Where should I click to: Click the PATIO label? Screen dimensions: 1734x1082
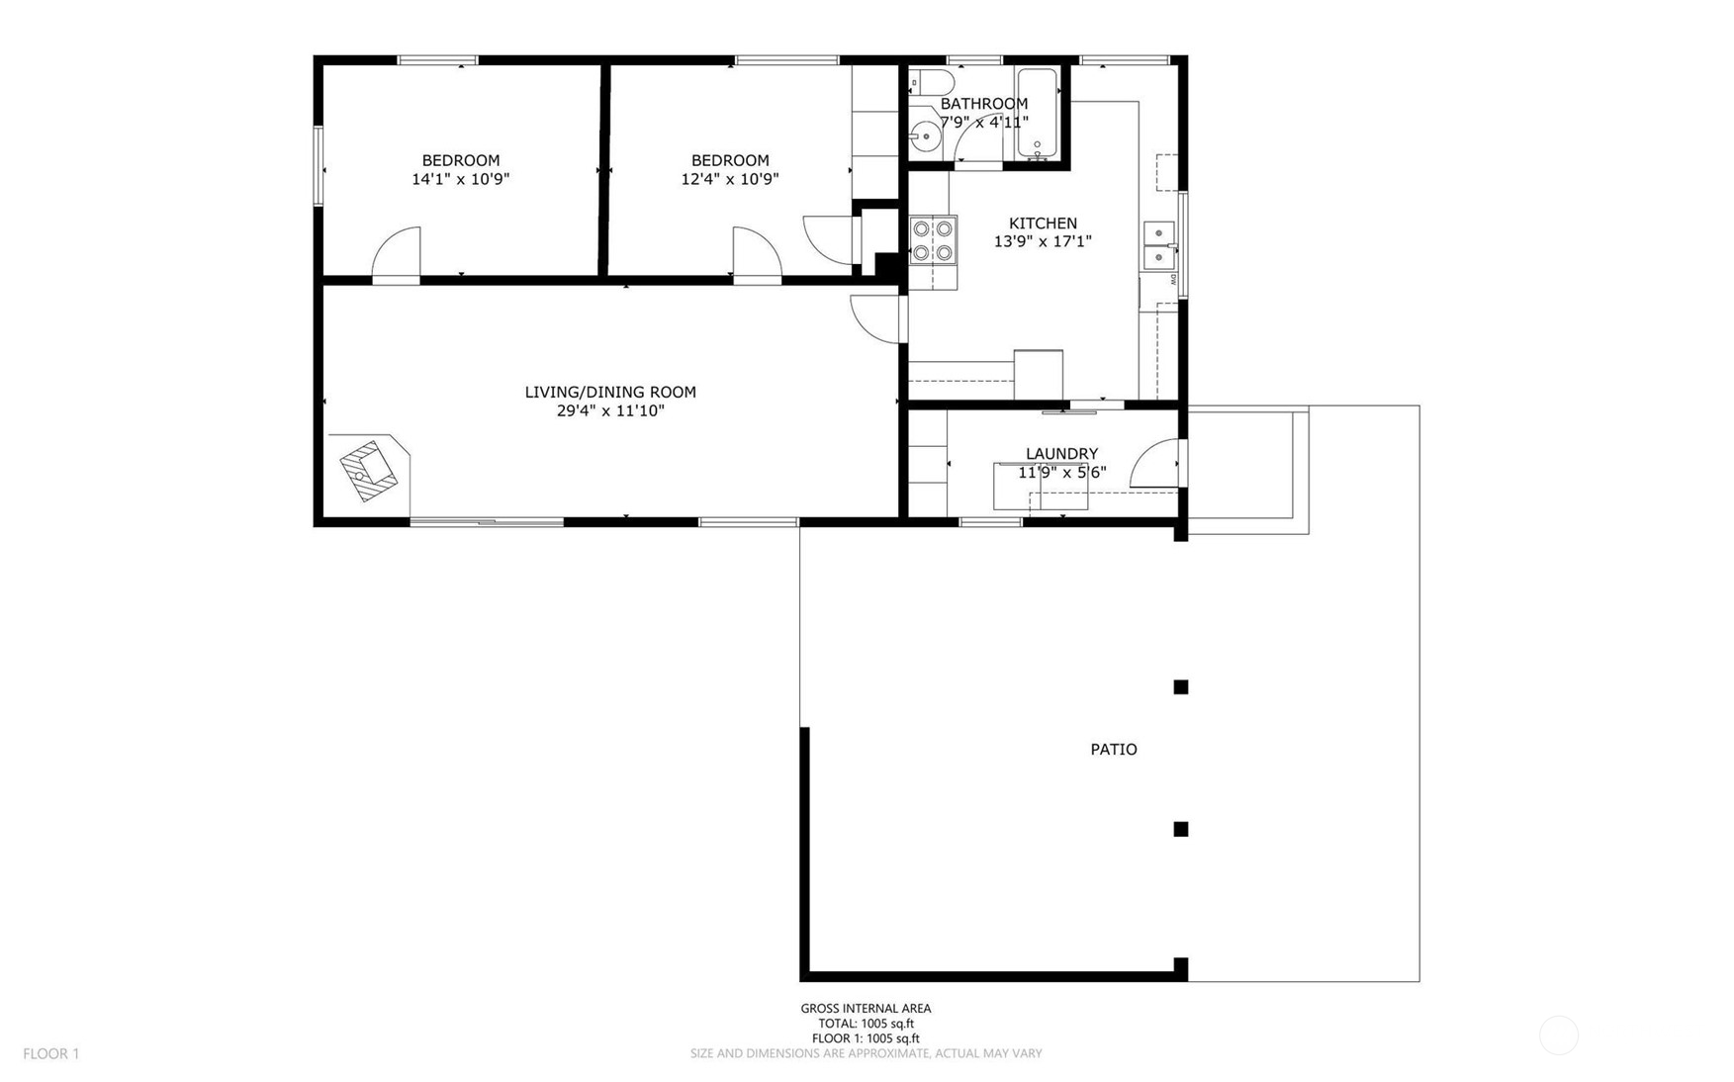point(1114,750)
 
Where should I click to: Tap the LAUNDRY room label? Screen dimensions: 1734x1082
point(1061,454)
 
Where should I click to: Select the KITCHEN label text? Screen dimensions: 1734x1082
point(1043,224)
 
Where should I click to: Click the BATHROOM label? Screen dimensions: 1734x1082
point(984,104)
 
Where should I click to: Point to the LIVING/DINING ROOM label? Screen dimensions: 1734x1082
point(610,393)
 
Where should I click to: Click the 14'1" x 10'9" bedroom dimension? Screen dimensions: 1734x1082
point(461,179)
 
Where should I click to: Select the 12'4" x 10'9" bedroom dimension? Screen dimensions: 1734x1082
point(730,179)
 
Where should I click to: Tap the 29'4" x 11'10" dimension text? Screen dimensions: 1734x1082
point(610,410)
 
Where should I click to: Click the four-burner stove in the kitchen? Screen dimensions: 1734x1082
point(934,239)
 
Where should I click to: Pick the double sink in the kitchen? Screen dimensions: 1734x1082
point(1159,245)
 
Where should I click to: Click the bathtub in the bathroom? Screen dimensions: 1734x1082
point(1038,113)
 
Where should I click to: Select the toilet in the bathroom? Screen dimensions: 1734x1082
point(931,81)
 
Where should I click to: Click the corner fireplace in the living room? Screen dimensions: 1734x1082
point(369,471)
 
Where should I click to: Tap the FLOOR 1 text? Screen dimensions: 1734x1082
point(51,1054)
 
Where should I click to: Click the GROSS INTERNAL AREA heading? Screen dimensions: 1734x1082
point(866,1009)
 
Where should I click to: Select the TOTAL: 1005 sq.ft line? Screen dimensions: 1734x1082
point(866,1024)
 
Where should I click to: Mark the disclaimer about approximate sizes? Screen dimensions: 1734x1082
point(866,1053)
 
